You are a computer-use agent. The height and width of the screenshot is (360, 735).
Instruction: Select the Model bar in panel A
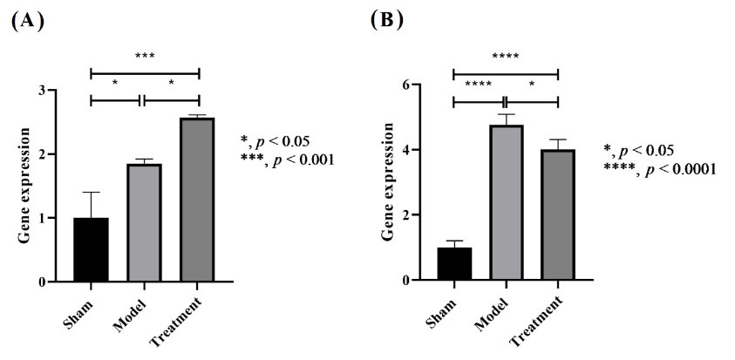coord(145,222)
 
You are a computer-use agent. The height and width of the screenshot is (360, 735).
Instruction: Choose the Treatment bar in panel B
coord(557,214)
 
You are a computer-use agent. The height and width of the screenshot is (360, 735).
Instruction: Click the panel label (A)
coord(26,21)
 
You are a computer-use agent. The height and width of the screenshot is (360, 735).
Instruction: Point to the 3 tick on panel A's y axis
coord(51,91)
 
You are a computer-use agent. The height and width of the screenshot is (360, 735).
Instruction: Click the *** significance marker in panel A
coord(145,57)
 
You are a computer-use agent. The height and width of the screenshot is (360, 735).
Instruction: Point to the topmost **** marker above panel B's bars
coord(505,58)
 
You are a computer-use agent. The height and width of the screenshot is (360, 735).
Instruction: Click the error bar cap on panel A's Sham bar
coord(91,192)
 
